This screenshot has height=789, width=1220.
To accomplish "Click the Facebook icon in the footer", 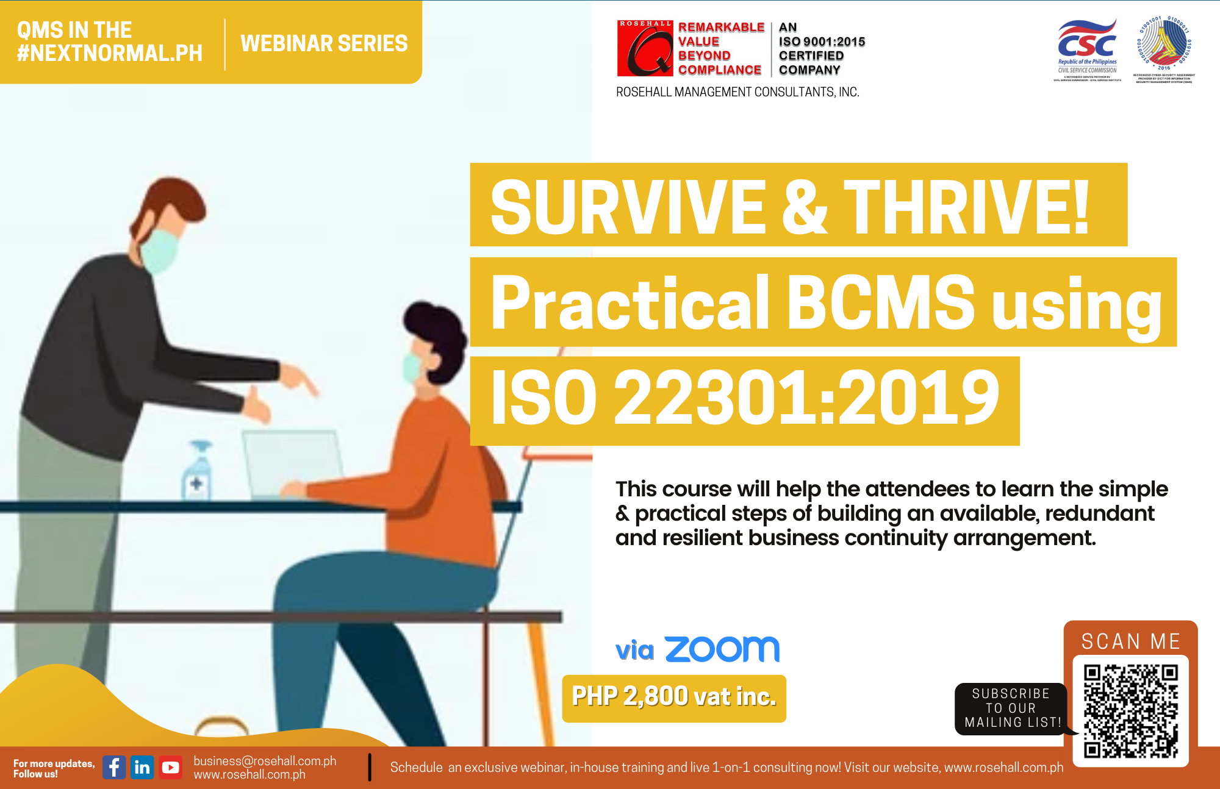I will coord(114,767).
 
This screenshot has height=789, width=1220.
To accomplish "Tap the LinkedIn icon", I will coord(142,767).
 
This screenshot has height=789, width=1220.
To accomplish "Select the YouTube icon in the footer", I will coord(170,767).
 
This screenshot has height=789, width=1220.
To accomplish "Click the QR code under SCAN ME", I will coord(1130,711).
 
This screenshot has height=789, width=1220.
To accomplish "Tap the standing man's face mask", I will coord(160,249).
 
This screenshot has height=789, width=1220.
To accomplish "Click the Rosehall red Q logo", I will coord(645,49).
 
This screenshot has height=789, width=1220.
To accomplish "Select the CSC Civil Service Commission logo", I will coord(1087,49).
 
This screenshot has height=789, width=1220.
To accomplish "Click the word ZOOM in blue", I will coord(722,649).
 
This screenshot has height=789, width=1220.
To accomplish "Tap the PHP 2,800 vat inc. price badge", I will coord(674,698).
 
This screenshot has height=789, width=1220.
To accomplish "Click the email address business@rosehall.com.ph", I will coord(265,761).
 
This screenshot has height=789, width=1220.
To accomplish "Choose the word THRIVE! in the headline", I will coord(966,207).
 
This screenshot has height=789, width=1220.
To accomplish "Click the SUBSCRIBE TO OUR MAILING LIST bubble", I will coord(1011,709).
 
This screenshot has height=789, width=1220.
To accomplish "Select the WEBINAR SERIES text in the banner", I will coord(324,43).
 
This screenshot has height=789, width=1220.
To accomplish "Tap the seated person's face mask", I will coord(412,368).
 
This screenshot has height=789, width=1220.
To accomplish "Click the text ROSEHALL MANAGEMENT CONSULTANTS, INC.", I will coord(737,92).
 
